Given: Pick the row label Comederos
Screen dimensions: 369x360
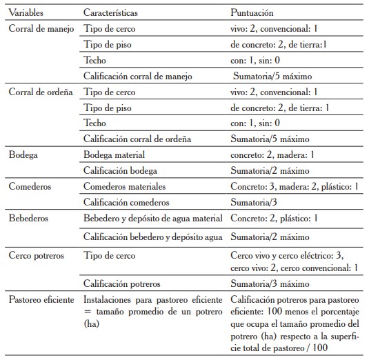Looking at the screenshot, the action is [30, 186].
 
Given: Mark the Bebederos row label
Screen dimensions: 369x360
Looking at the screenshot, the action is [28, 218].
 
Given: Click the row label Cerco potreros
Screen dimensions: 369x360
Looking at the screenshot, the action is [37, 254].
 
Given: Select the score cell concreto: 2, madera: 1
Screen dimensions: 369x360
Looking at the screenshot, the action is [272, 155].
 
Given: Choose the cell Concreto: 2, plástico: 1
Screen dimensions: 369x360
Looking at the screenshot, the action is [272, 218].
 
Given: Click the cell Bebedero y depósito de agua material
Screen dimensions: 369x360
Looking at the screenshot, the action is [152, 218].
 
